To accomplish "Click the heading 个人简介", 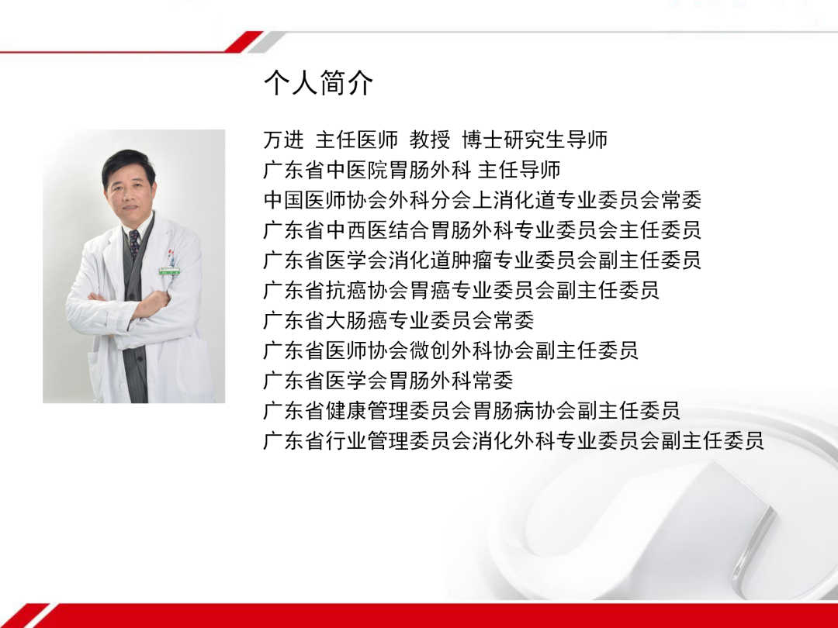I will pyautogui.click(x=318, y=82).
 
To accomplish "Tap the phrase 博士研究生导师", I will pyautogui.click(x=535, y=140).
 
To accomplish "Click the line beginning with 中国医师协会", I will pyautogui.click(x=482, y=200).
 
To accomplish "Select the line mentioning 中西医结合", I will pyautogui.click(x=482, y=230).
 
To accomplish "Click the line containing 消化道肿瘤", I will pyautogui.click(x=482, y=261).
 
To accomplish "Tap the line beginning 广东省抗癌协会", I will pyautogui.click(x=461, y=291).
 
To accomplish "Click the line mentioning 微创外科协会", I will pyautogui.click(x=451, y=350).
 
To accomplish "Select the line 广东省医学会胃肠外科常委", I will pyautogui.click(x=388, y=381).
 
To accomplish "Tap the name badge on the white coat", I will pyautogui.click(x=168, y=271).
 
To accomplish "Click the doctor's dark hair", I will pyautogui.click(x=129, y=160).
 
